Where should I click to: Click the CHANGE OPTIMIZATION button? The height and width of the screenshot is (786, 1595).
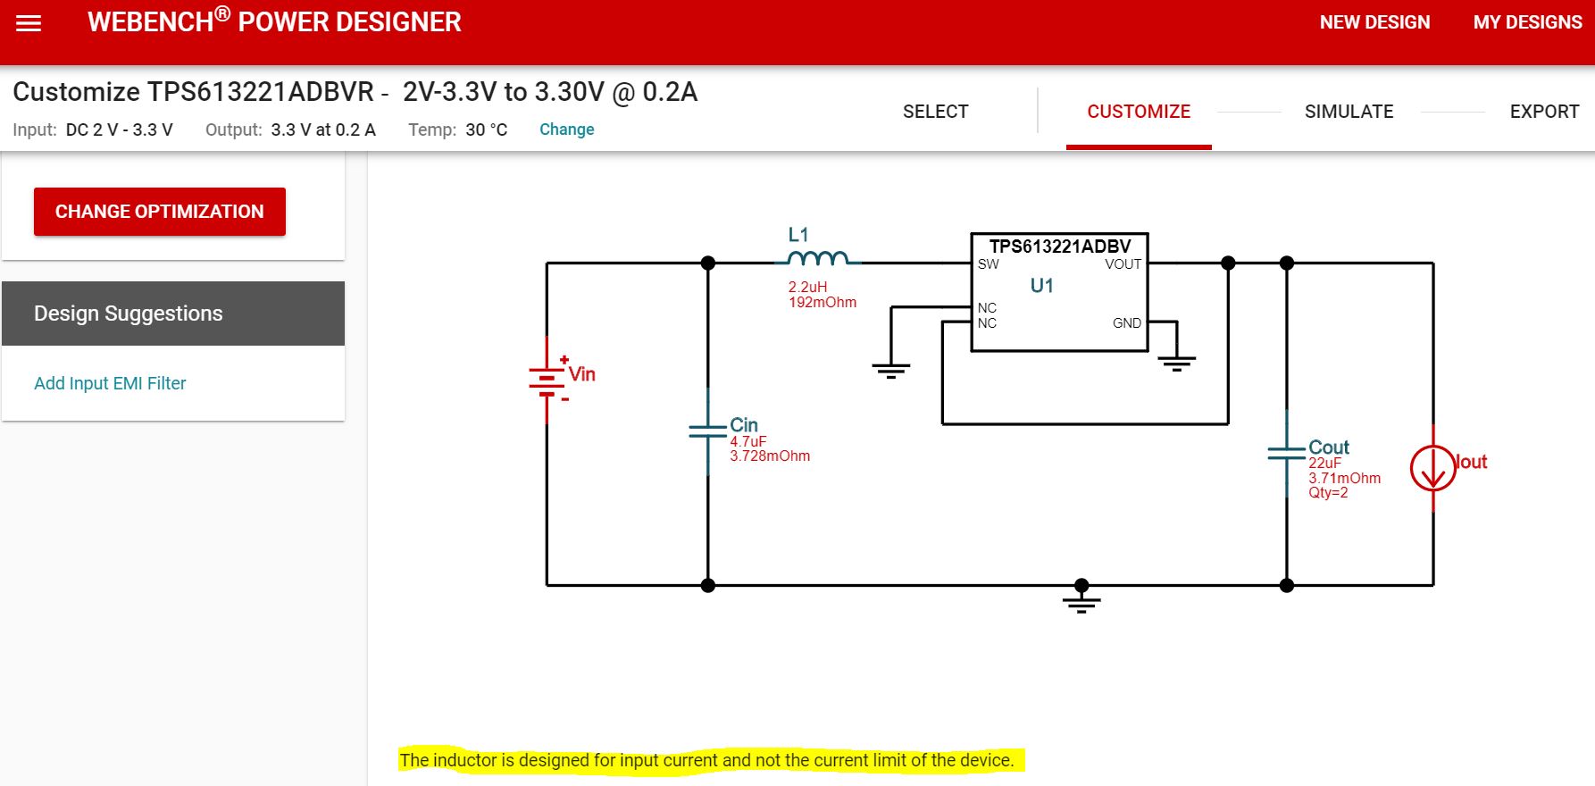[x=160, y=212]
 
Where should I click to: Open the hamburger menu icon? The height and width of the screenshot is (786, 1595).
[x=29, y=23]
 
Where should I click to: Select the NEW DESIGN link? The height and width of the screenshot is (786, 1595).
[x=1374, y=22]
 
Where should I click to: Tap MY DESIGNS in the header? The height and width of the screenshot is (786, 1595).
[x=1527, y=22]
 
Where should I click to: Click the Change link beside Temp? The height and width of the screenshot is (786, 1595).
[x=566, y=130]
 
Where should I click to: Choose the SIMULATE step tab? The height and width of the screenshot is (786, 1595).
[x=1349, y=112]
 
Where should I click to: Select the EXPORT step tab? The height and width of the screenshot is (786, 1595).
[x=1544, y=112]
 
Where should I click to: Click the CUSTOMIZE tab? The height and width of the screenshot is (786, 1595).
[x=1139, y=112]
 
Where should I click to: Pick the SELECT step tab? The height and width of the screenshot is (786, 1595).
[x=935, y=112]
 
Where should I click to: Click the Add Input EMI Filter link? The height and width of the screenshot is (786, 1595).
[x=110, y=383]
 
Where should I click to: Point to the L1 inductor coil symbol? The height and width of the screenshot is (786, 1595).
[x=818, y=258]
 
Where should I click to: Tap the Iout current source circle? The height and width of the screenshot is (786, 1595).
[x=1432, y=467]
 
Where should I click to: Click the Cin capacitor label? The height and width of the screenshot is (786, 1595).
[x=743, y=425]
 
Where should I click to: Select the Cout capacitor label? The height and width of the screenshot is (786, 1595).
[x=1328, y=447]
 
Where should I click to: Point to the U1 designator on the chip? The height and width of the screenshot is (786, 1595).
[x=1041, y=286]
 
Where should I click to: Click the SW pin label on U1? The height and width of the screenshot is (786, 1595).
[x=988, y=264]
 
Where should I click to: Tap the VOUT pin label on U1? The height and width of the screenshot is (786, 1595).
[x=1123, y=264]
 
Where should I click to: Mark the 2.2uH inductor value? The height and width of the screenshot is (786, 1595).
[x=807, y=287]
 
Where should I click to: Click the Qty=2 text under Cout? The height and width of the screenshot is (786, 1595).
[x=1328, y=493]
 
